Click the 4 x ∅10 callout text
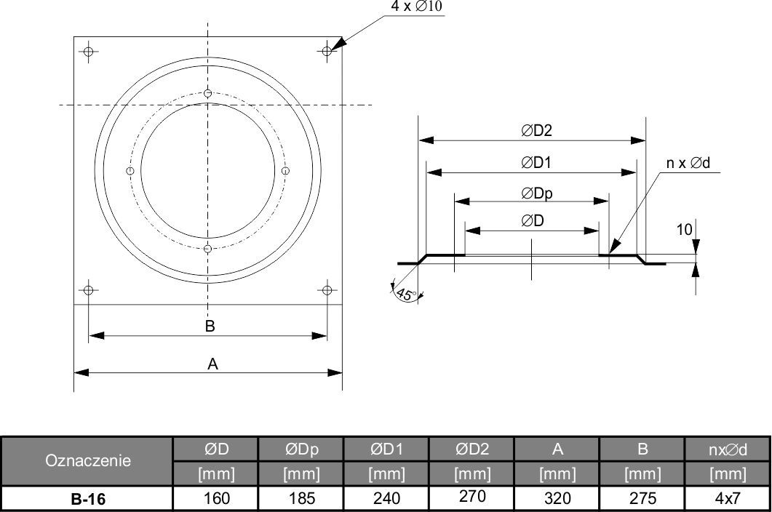click(416, 7)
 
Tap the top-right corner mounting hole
click(327, 51)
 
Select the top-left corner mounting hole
click(89, 51)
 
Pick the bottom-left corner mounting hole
click(89, 290)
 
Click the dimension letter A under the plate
click(212, 364)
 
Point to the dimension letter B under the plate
click(210, 326)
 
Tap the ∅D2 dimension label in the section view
click(537, 130)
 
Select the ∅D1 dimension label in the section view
click(536, 162)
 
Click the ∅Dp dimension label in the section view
click(537, 193)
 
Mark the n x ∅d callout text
click(688, 163)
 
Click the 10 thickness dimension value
click(685, 229)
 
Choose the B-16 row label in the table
click(88, 499)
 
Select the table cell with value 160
click(217, 498)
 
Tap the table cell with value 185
click(302, 498)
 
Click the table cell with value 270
click(472, 497)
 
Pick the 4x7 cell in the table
click(728, 498)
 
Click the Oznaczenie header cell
click(88, 461)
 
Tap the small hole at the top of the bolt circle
click(208, 93)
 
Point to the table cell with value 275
click(642, 498)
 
